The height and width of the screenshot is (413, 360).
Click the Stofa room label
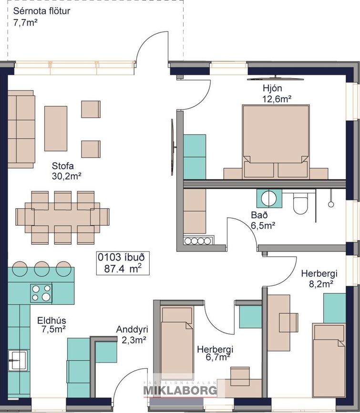[63, 166]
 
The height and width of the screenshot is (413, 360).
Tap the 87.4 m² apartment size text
[123, 268]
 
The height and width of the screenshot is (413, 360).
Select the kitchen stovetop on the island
[41, 293]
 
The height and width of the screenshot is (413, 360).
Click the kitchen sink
[18, 360]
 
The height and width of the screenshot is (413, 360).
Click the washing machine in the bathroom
[269, 198]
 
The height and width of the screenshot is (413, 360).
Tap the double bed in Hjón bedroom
[276, 141]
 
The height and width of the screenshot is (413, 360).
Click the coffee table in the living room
[56, 129]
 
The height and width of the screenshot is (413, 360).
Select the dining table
[62, 218]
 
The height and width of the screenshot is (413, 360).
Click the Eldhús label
[51, 321]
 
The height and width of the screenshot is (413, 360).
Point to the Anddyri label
[132, 329]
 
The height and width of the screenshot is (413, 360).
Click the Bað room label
[259, 215]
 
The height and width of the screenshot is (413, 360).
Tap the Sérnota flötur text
[41, 11]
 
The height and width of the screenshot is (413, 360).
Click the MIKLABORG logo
[180, 390]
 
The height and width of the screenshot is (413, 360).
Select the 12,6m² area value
[277, 99]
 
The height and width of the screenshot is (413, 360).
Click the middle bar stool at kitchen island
[41, 268]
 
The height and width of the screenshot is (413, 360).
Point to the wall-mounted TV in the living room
[173, 147]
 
